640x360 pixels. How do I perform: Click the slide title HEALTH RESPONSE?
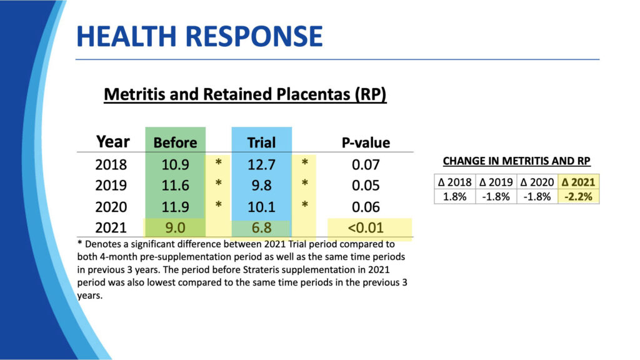[199, 37]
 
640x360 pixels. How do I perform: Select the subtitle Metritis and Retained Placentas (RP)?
[245, 94]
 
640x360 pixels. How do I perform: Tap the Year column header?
[113, 142]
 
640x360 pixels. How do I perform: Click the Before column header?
[175, 142]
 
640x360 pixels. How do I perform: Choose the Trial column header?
[261, 142]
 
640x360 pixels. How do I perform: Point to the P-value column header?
[366, 142]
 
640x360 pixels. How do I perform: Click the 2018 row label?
[111, 165]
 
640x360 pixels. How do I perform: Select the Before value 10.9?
[175, 165]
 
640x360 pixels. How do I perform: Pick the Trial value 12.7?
[261, 165]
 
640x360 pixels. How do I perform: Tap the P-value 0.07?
[366, 165]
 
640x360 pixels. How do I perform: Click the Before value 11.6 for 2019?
[175, 186]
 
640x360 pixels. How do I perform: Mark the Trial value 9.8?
[261, 186]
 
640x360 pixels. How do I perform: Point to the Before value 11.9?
[175, 206]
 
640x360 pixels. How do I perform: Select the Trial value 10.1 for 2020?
[261, 206]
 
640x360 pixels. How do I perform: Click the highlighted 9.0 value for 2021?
[175, 228]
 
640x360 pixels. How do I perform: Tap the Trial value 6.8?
[261, 228]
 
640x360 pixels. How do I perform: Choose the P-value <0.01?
[366, 228]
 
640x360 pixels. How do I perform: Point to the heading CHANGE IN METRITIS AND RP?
[516, 161]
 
